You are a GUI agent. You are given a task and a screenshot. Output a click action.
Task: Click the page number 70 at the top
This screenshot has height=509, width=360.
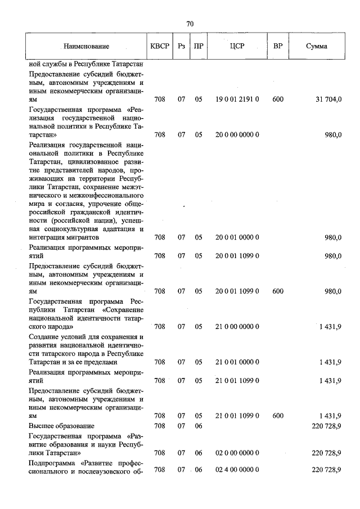pos(190,24)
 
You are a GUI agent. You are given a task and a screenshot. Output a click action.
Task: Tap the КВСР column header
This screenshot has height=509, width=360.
pos(159,46)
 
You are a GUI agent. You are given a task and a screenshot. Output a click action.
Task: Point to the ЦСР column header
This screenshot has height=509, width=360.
pos(237,46)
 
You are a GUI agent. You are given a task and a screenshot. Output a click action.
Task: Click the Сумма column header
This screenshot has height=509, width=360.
pos(317,46)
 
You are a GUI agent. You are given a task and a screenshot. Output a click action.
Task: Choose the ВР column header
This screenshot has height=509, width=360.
pos(277,46)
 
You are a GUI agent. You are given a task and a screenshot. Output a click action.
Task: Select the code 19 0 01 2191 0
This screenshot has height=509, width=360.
pos(237,100)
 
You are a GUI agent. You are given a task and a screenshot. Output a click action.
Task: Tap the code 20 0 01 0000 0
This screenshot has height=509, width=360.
pos(237,238)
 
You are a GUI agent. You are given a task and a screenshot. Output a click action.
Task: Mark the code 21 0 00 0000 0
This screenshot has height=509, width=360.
pos(237,326)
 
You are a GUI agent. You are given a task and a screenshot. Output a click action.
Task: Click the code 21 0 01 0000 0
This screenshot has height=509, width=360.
pos(237,362)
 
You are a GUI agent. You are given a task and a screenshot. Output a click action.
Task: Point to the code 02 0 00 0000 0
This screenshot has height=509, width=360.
pos(237,452)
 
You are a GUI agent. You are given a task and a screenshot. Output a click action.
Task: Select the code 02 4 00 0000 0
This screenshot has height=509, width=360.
pos(237,470)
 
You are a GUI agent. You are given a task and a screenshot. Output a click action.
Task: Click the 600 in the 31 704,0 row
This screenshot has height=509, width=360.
pos(277,100)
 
